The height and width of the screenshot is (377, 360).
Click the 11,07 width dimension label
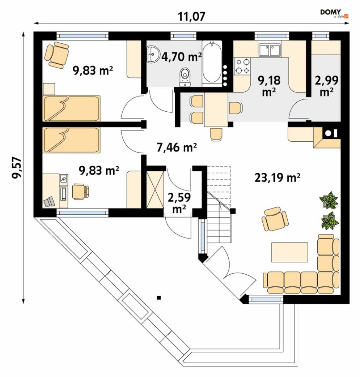pos(191,16)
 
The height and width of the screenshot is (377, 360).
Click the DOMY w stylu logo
pos(334,13)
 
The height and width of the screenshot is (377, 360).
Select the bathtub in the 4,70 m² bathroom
pos(212,64)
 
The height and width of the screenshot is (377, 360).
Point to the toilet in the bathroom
pos(185,77)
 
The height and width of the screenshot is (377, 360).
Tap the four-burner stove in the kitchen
pos(242,66)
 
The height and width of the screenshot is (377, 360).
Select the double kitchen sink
pos(269,50)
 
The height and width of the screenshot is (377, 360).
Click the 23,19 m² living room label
pos(277,178)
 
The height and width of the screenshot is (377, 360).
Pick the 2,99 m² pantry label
pos(327,85)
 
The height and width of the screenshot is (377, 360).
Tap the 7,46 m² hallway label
pos(177,147)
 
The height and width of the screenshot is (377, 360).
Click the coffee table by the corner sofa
pos(289,252)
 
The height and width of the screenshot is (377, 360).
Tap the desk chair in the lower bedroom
pos(81,191)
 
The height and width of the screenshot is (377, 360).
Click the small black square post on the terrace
pos(158,297)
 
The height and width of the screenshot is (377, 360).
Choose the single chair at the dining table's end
pos(216,134)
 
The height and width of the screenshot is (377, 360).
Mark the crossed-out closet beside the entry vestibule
pos(155,189)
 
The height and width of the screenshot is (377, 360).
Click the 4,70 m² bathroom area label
pos(181,57)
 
